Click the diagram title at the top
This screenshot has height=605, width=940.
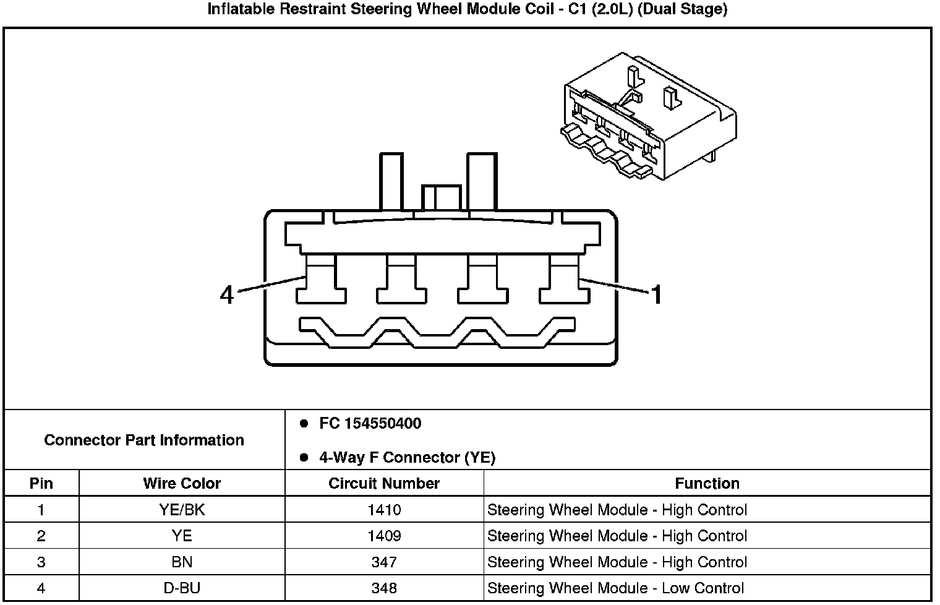[x=467, y=9]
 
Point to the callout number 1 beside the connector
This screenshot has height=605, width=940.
[x=656, y=294]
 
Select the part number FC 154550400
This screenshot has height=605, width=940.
[x=370, y=424]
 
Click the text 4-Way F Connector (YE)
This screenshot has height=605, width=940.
[x=407, y=458]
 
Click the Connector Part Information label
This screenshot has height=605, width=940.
[x=144, y=440]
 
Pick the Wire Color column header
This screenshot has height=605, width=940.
[x=182, y=483]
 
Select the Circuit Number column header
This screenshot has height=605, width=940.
[x=384, y=483]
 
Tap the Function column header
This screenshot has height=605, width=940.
[x=707, y=483]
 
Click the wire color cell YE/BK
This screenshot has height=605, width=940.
[x=182, y=510]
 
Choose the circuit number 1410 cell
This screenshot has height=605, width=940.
[x=384, y=510]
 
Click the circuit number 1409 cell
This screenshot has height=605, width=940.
[x=384, y=536]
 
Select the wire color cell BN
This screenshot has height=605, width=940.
[x=182, y=562]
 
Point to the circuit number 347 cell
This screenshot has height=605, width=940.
[x=384, y=562]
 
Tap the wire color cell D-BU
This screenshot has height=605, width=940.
[x=182, y=588]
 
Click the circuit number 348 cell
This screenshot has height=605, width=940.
[x=384, y=588]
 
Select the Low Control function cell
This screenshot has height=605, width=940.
[x=616, y=588]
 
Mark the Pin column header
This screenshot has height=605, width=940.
[x=41, y=483]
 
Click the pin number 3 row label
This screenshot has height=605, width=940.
[x=41, y=562]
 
